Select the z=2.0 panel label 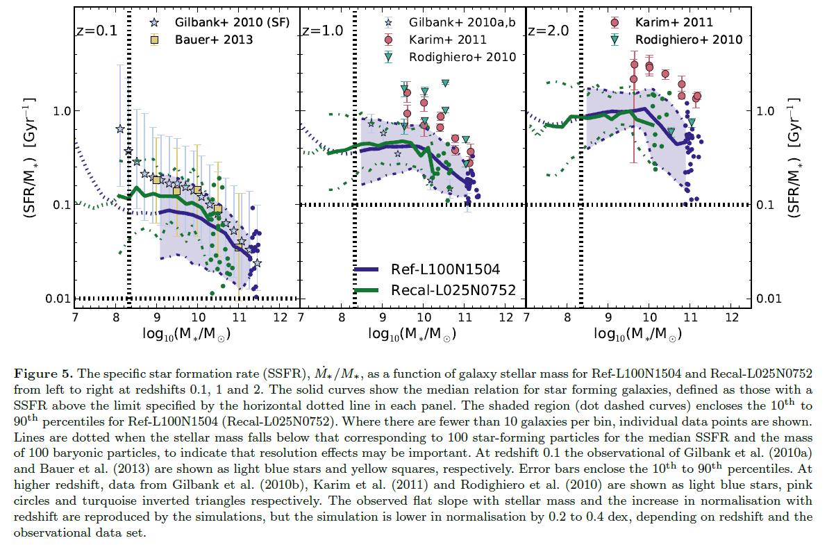click(548, 31)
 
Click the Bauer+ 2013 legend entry click(212, 40)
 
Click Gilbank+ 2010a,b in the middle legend click(463, 24)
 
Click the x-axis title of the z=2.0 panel click(637, 335)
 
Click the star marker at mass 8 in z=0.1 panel click(119, 129)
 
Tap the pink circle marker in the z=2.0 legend click(614, 23)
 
